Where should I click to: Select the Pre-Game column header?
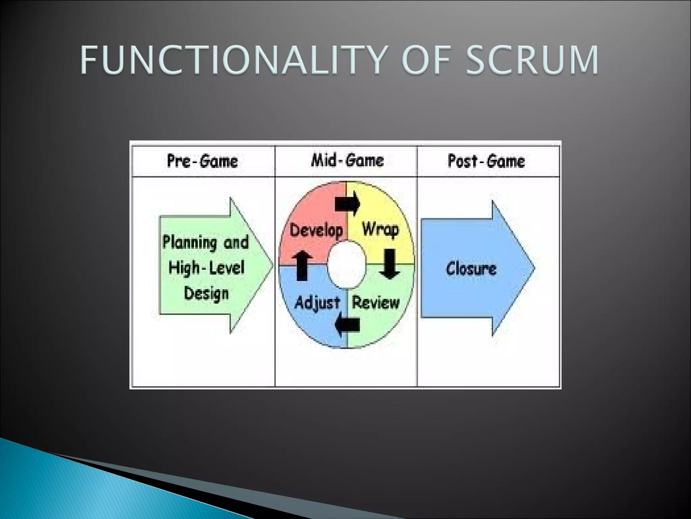click(x=202, y=161)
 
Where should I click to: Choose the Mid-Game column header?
click(x=347, y=160)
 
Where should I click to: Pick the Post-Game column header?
click(x=486, y=161)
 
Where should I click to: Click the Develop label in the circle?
click(x=316, y=230)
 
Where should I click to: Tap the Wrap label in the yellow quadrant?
click(x=380, y=230)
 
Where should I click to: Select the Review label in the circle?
click(x=376, y=302)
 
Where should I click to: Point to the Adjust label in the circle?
click(x=317, y=302)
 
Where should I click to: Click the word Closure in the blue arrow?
click(x=471, y=269)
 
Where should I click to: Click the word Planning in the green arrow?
click(x=190, y=243)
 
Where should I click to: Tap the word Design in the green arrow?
click(x=206, y=293)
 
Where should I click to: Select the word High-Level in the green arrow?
click(x=206, y=268)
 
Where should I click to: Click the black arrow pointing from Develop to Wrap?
click(x=348, y=203)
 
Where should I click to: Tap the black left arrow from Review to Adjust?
click(x=347, y=325)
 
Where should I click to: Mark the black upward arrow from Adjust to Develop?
click(x=302, y=266)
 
